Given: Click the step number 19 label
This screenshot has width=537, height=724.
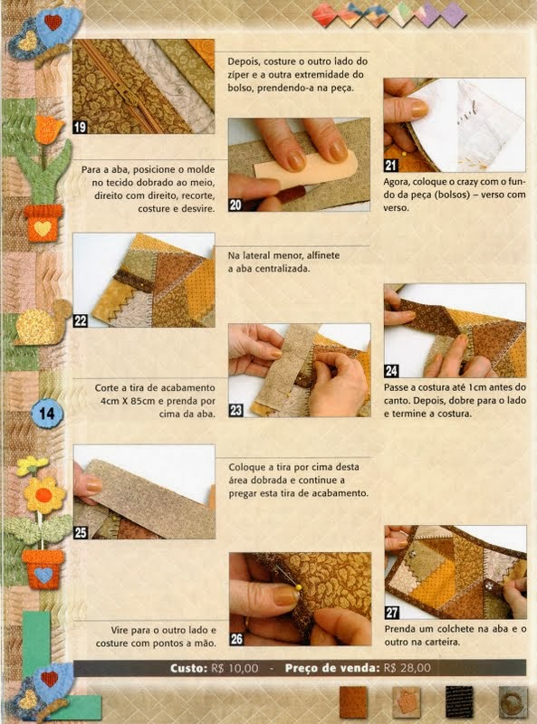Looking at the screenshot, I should pos(81,128).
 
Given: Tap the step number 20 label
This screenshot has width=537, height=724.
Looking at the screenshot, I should pos(236,205).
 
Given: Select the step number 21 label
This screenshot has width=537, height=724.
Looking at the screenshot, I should pos(392,166).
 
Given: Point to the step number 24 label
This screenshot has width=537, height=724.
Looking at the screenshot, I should pos(392,371).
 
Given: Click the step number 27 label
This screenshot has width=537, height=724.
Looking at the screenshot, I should pos(393,612).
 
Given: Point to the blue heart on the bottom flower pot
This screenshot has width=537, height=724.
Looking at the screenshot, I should pos(43,574).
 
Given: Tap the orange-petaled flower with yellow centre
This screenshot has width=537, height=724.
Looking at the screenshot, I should pos(43,496).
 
